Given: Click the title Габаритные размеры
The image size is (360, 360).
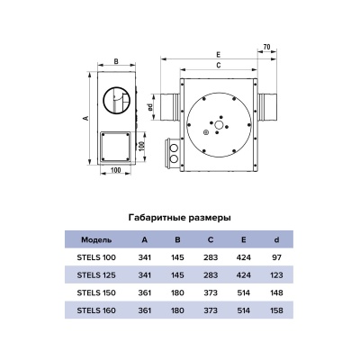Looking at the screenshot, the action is point(180,218).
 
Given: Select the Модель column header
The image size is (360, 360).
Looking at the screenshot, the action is point(96,239).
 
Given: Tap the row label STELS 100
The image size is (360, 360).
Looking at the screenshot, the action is point(96,257).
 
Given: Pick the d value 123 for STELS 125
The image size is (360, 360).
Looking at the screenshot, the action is point(276,275).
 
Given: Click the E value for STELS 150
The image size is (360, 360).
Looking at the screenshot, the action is point(243,292).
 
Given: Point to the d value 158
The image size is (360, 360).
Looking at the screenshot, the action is point(276,310).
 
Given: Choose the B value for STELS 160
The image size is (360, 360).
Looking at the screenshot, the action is point(177,310).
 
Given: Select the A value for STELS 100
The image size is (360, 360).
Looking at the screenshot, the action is point(145,257).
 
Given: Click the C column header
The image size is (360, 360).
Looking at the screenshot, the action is point(211,239).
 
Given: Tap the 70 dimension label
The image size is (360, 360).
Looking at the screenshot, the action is point(266,47).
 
